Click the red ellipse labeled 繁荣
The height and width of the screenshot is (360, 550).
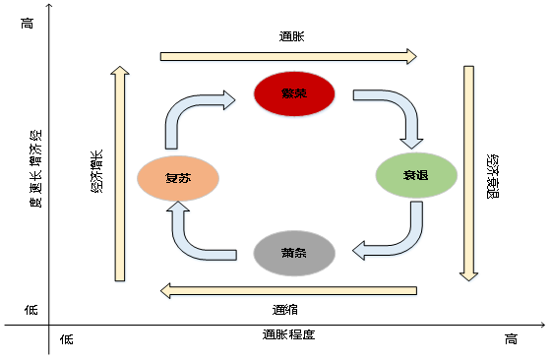point(294,93)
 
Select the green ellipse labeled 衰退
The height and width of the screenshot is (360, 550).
point(416,176)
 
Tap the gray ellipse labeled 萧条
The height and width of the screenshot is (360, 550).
point(294,253)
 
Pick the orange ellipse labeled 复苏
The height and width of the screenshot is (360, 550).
point(177,179)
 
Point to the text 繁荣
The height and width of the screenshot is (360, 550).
point(294,94)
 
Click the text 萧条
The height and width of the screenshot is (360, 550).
point(294,253)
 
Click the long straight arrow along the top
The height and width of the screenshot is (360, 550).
point(285,57)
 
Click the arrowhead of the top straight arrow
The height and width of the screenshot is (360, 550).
point(412,57)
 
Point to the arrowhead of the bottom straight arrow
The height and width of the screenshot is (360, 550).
point(167,291)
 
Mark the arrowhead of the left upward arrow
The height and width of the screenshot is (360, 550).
point(120,73)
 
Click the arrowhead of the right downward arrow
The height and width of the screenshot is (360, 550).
point(469,276)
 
